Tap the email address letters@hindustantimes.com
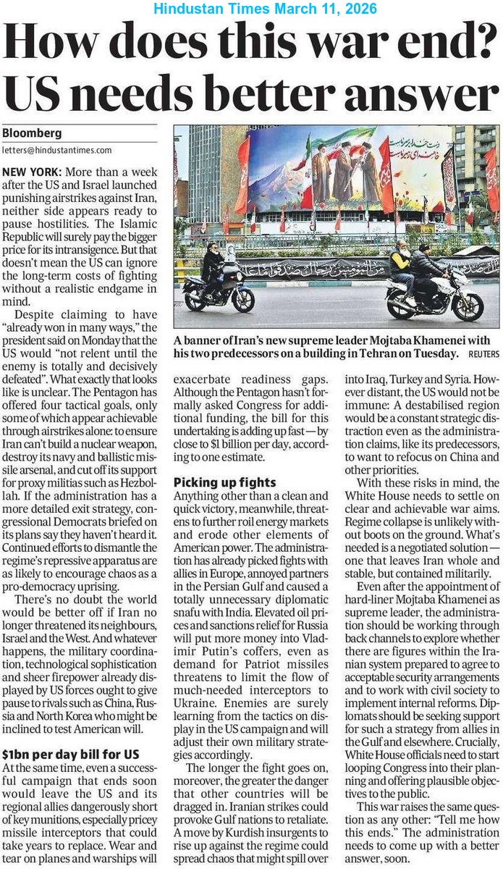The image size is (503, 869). pyautogui.click(x=57, y=151)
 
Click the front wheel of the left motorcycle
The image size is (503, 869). pyautogui.click(x=242, y=299)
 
